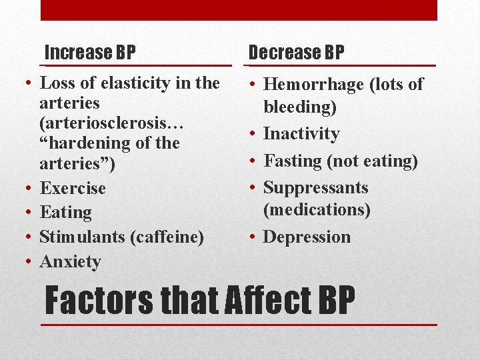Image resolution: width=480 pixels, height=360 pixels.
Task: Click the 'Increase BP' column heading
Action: pyautogui.click(x=89, y=51)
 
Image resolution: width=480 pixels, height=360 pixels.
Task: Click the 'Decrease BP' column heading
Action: pyautogui.click(x=296, y=51)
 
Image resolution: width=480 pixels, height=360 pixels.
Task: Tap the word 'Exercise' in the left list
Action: pyautogui.click(x=73, y=188)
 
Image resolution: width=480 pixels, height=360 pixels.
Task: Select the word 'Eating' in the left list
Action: pyautogui.click(x=65, y=213)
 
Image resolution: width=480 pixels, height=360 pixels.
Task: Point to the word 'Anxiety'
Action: pyautogui.click(x=70, y=262)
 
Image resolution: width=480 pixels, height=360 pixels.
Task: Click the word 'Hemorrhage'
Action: pyautogui.click(x=313, y=85)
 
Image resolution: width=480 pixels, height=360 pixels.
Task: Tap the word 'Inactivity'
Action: pyautogui.click(x=301, y=134)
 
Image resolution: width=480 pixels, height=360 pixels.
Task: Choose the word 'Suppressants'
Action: pyautogui.click(x=315, y=187)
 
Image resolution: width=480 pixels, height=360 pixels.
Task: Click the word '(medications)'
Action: pyautogui.click(x=317, y=210)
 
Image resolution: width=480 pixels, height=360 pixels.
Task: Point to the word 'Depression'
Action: pyautogui.click(x=307, y=237)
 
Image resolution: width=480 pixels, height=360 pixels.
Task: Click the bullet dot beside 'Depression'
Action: pyautogui.click(x=253, y=237)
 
